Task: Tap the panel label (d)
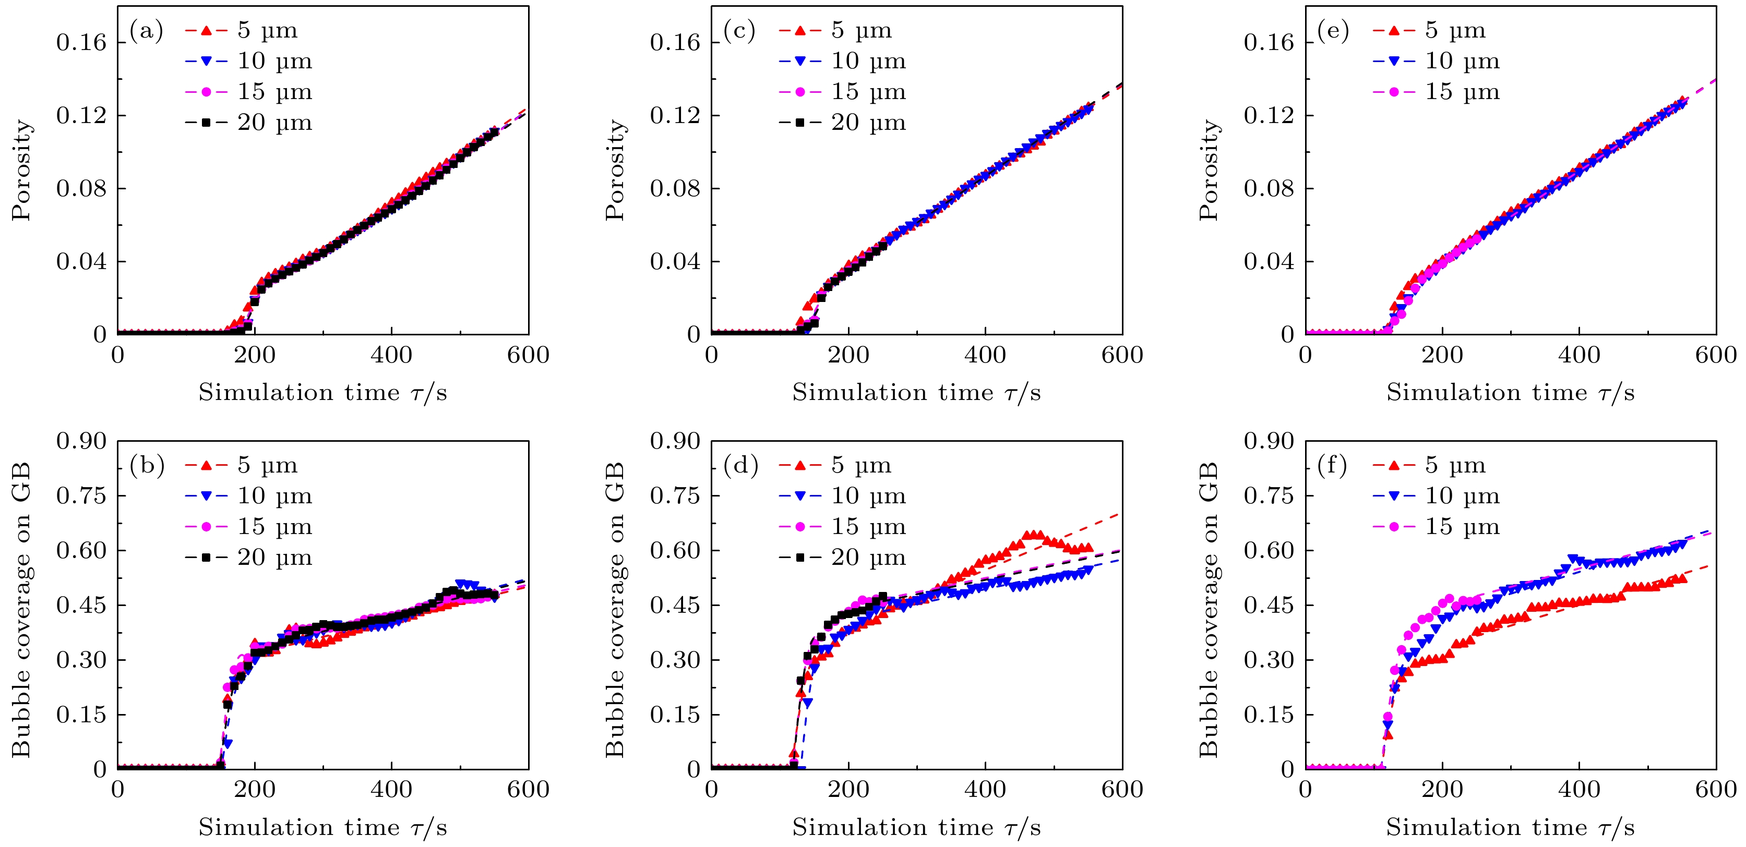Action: (740, 466)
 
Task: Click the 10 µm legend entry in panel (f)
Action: (1436, 496)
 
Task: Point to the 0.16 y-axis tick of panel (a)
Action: (81, 43)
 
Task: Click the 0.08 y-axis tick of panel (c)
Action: (675, 188)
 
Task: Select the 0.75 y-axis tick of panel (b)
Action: (81, 496)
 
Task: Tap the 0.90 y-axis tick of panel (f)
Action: (1269, 441)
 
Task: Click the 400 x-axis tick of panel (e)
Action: (1579, 355)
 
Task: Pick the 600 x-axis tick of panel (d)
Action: (1122, 790)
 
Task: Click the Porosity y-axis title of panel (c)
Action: (615, 170)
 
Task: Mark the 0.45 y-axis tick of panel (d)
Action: (675, 605)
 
